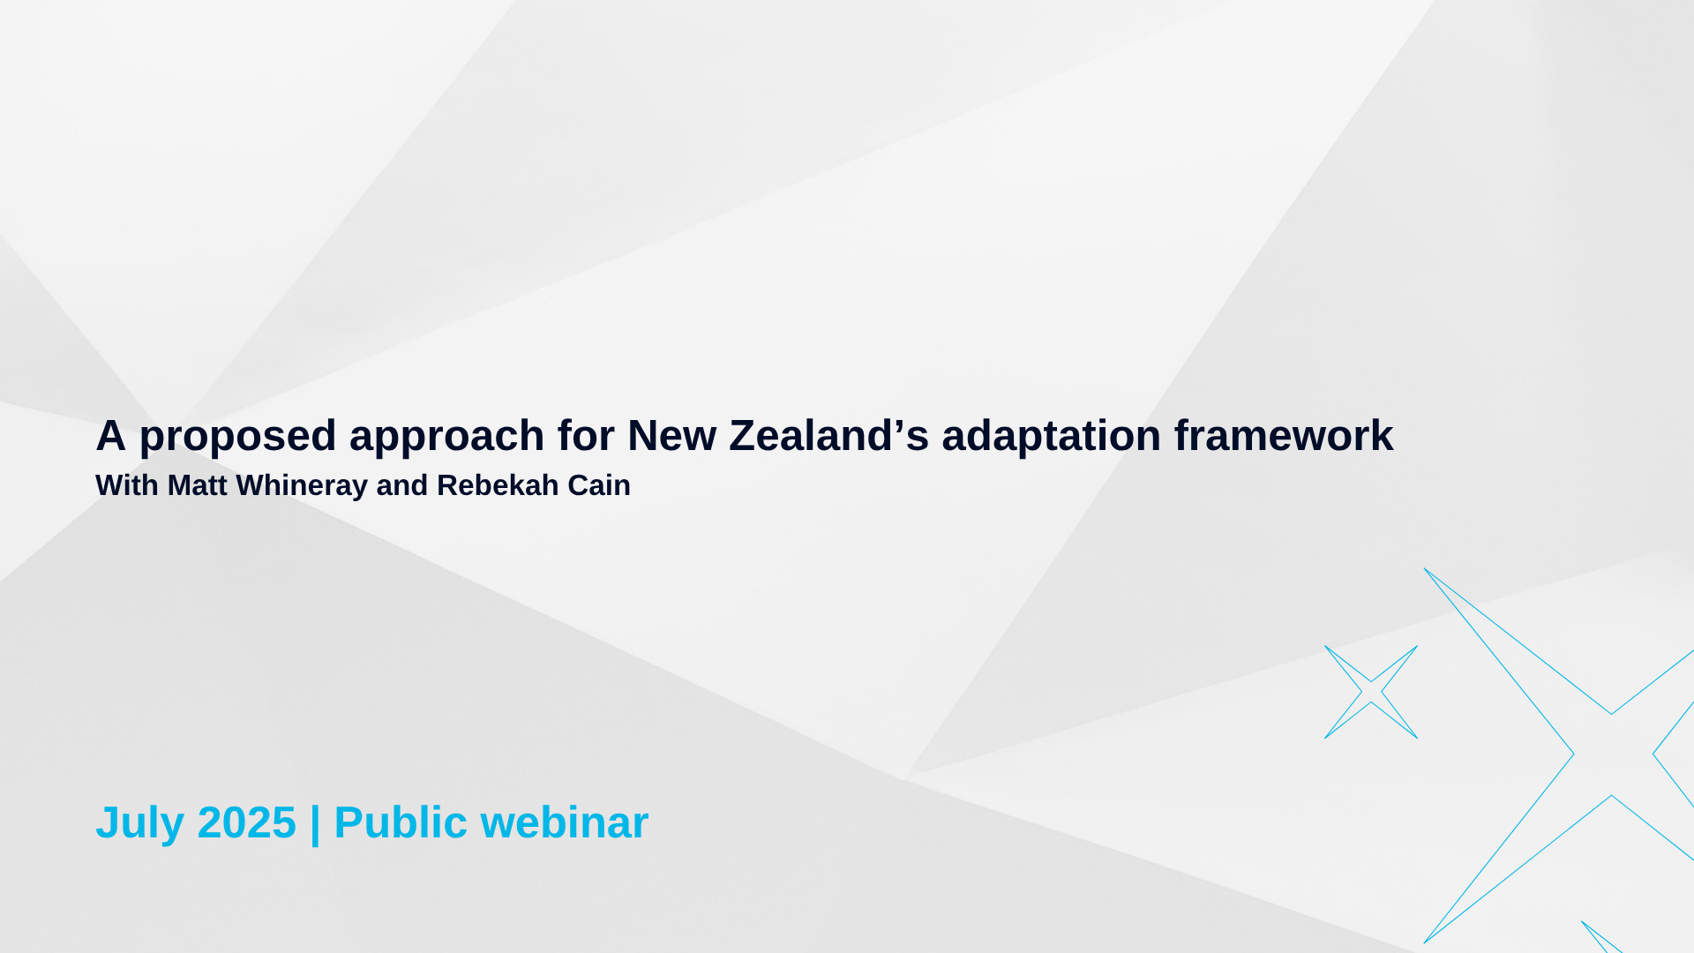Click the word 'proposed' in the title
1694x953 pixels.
click(237, 437)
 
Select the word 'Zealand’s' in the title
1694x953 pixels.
click(828, 435)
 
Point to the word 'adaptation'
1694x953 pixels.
click(1051, 437)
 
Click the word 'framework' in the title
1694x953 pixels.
click(1284, 435)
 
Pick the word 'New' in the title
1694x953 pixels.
click(671, 435)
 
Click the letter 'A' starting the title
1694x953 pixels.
click(111, 435)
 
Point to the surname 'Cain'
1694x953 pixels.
click(599, 485)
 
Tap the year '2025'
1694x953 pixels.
click(247, 822)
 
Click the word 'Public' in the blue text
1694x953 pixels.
click(401, 822)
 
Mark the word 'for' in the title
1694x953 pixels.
click(586, 435)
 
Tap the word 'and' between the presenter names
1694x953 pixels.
click(402, 485)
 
